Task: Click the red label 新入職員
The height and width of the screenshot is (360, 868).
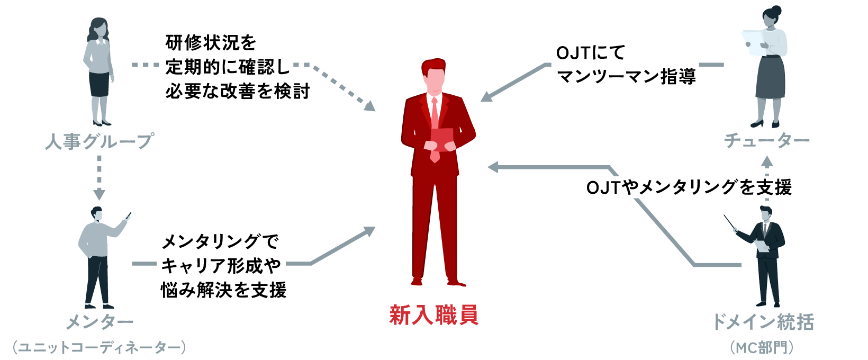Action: pyautogui.click(x=434, y=315)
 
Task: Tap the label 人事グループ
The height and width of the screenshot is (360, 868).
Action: pyautogui.click(x=100, y=141)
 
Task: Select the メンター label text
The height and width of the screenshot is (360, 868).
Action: pyautogui.click(x=100, y=321)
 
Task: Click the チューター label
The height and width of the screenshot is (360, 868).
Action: pyautogui.click(x=766, y=140)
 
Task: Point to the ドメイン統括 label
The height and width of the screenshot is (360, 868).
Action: pyautogui.click(x=763, y=321)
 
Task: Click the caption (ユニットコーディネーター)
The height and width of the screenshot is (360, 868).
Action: pyautogui.click(x=100, y=347)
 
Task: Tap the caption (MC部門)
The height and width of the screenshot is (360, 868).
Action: pyautogui.click(x=762, y=347)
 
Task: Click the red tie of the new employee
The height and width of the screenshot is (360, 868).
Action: pyautogui.click(x=435, y=114)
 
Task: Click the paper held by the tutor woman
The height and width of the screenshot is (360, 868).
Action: pyautogui.click(x=752, y=40)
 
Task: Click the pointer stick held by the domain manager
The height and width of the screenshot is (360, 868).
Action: pyautogui.click(x=730, y=222)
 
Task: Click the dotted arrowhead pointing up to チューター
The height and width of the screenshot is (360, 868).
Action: pyautogui.click(x=766, y=161)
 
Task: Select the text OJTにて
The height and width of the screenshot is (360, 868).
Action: pyautogui.click(x=590, y=53)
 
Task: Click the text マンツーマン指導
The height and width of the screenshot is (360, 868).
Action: pyautogui.click(x=626, y=77)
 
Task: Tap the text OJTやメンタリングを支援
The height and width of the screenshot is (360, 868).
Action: pyautogui.click(x=689, y=187)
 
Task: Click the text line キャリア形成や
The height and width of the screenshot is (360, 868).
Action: pyautogui.click(x=221, y=265)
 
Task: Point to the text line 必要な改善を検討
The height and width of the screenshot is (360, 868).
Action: pyautogui.click(x=237, y=91)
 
